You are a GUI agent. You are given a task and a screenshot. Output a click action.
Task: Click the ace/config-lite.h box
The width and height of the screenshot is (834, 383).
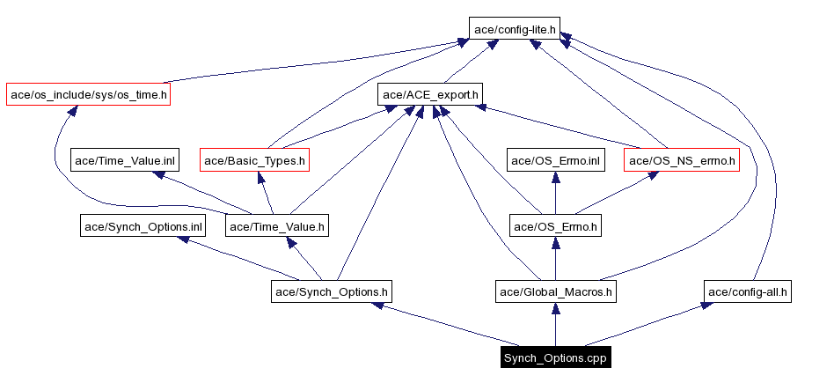515,29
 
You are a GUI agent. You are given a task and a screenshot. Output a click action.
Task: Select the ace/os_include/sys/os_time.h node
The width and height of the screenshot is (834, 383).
87,94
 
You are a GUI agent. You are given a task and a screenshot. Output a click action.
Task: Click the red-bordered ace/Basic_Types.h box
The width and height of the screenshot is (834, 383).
255,160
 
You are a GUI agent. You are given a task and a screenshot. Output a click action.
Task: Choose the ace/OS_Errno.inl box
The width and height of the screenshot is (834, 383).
555,160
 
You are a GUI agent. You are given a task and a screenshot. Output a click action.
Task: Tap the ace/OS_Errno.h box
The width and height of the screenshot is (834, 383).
555,226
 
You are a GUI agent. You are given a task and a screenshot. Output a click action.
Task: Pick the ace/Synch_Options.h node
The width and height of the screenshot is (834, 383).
332,291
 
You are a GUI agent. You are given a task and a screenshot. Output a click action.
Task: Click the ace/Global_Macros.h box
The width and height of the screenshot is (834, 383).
555,291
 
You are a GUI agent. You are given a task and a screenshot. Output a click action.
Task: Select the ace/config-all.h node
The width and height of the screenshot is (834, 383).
749,291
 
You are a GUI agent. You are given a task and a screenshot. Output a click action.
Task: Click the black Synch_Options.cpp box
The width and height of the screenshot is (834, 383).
555,358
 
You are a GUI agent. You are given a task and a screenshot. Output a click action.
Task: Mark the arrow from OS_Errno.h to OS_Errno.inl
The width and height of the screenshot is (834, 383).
555,194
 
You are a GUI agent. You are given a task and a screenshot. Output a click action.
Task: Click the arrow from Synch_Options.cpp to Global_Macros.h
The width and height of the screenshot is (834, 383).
555,325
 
